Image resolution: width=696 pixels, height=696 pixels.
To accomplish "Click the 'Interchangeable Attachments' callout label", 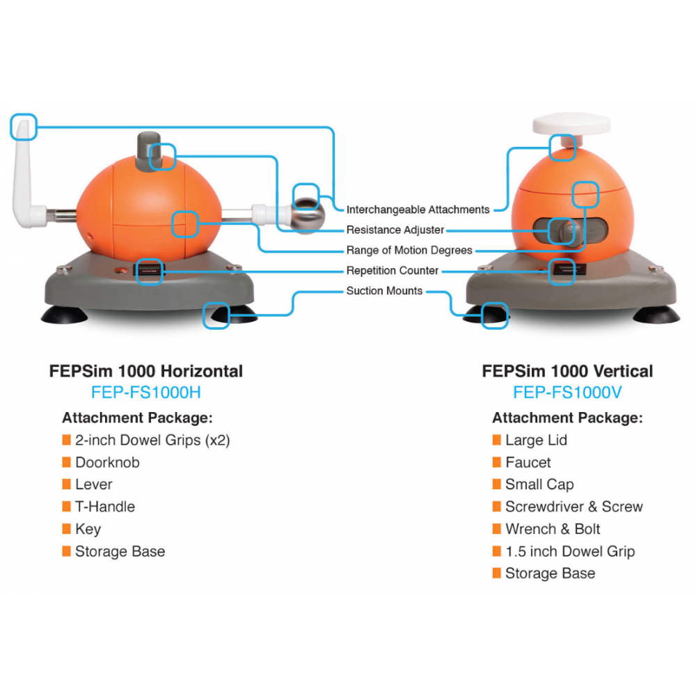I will pos(418,209).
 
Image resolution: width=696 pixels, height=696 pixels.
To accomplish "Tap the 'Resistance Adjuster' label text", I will pos(395,230).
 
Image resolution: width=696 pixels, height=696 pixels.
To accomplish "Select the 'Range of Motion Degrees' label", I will pos(409,251).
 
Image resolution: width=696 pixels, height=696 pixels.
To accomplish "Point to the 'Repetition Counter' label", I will pos(393,271).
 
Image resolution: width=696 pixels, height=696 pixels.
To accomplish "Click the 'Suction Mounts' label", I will pos(384,291).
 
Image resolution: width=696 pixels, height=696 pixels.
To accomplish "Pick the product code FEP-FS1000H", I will pos(146,393).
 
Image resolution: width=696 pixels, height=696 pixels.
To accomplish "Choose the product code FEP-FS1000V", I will pos(567,393).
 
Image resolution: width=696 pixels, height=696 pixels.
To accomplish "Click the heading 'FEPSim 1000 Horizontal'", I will pos(146,371).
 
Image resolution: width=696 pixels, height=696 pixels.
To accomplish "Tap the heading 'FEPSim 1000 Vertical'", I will pos(567,371).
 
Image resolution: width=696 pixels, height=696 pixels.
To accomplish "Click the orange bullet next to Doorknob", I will pos(67,462).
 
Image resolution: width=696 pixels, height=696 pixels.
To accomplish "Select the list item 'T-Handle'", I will pos(105,507).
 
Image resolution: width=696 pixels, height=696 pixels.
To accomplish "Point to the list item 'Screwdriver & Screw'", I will pos(574,507).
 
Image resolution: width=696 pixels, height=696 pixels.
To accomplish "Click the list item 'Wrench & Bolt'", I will pos(553,529).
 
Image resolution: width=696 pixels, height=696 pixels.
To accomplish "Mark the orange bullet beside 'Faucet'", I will pos(497,462).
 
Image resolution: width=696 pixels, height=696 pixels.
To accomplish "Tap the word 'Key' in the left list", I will pos(88,529).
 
